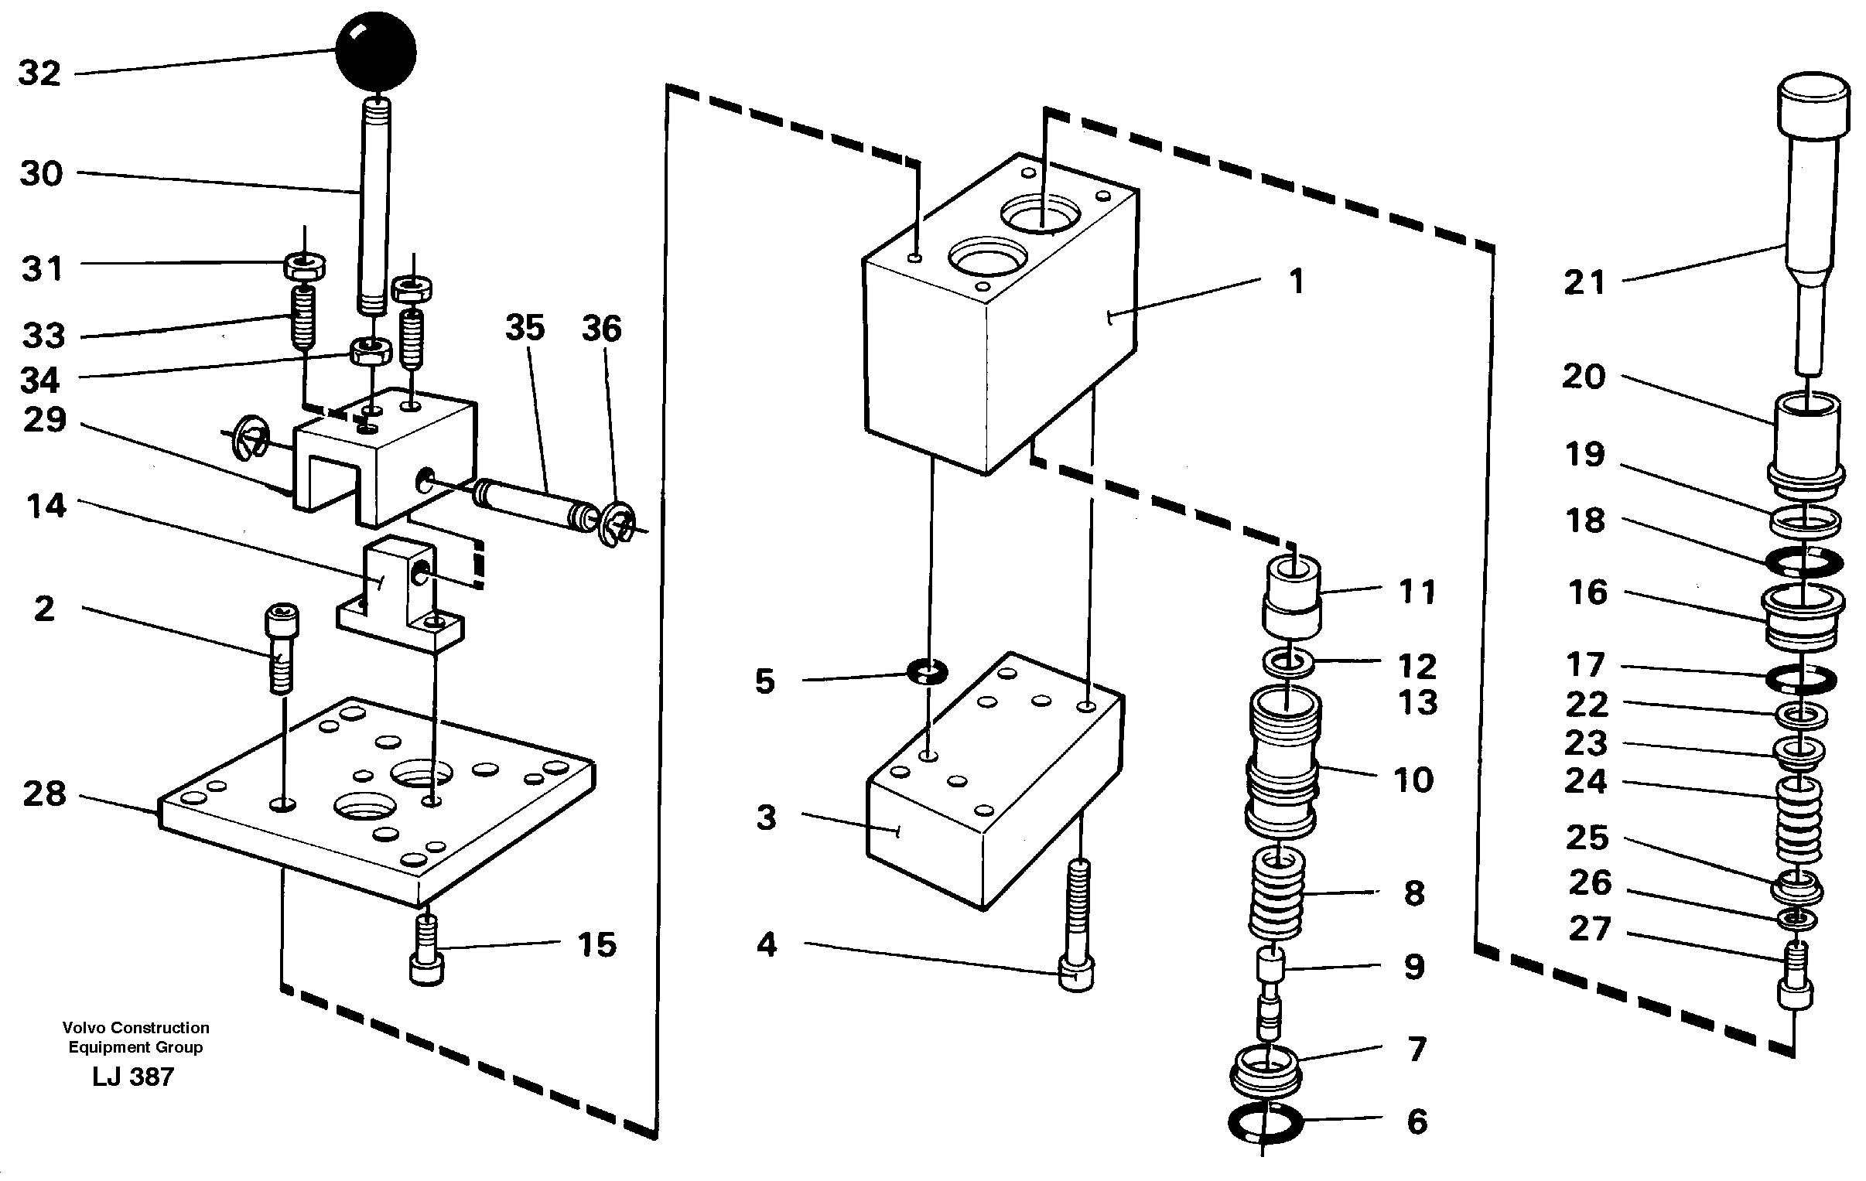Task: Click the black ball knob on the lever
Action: coord(375,53)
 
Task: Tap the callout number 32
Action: coord(39,73)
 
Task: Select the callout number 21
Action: coord(1584,283)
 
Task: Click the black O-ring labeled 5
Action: coord(928,672)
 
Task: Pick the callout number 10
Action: coord(1413,780)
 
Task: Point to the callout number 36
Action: coord(601,329)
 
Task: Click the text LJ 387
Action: coord(132,1077)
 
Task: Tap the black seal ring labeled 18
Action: coord(1804,561)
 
